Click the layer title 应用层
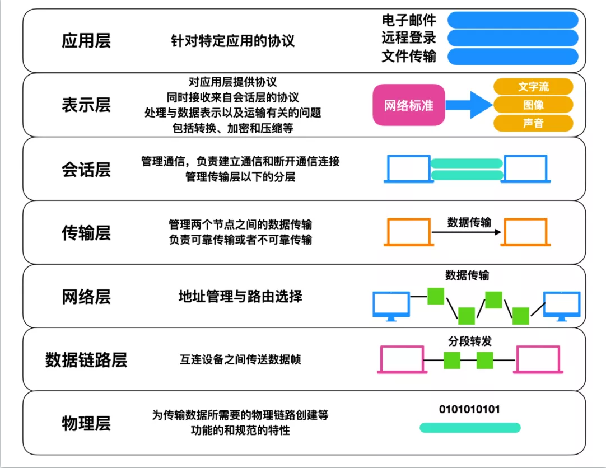click(x=86, y=41)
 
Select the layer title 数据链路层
click(x=86, y=360)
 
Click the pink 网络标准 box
click(x=409, y=105)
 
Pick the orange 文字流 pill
click(x=533, y=87)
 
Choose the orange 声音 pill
click(x=533, y=123)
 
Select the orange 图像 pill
click(x=533, y=105)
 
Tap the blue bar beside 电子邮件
click(x=513, y=20)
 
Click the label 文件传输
click(x=409, y=57)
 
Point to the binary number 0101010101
click(x=469, y=409)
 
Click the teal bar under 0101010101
click(x=470, y=428)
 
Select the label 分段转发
click(x=469, y=341)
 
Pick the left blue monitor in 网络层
click(x=391, y=305)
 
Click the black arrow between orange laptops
click(x=466, y=232)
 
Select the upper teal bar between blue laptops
click(x=467, y=163)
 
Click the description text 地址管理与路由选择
click(x=240, y=296)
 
